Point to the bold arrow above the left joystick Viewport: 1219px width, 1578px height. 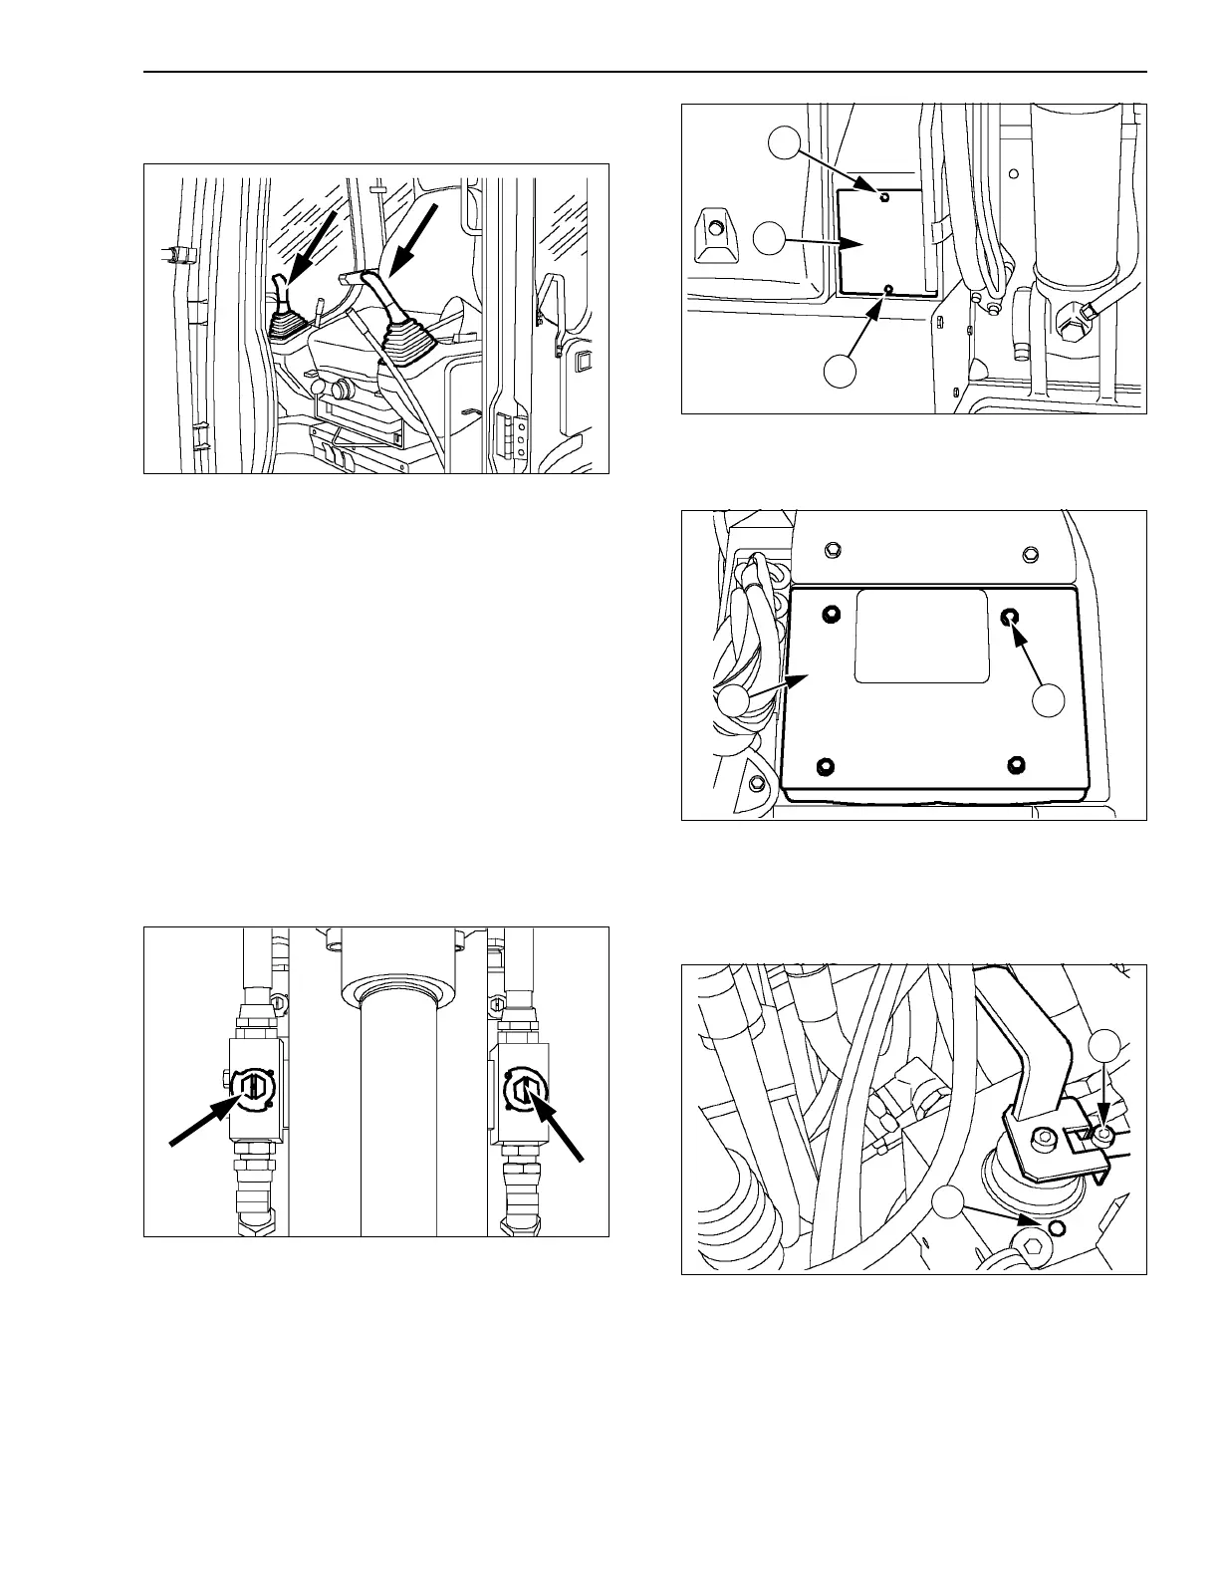tap(310, 238)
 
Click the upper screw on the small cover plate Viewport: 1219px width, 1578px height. tap(883, 197)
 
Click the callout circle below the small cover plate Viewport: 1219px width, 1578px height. tap(840, 370)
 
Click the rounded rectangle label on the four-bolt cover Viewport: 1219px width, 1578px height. tap(921, 635)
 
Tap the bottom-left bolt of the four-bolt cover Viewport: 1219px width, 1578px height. tap(824, 765)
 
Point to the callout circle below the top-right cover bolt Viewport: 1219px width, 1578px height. tap(1048, 699)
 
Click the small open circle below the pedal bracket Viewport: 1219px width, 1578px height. tap(1057, 1223)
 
